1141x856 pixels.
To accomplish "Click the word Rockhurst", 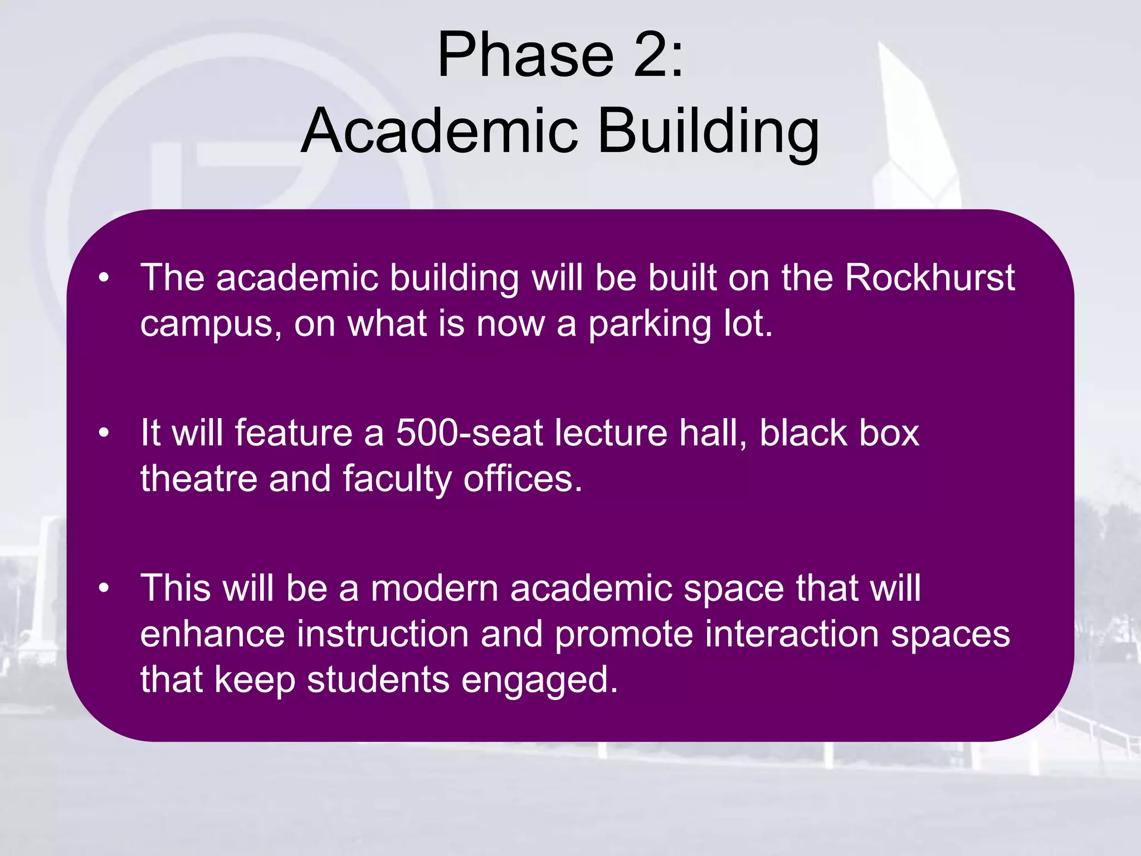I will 929,277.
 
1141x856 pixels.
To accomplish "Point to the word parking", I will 650,325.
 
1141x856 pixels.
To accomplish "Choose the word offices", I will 523,479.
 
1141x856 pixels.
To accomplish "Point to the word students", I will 378,680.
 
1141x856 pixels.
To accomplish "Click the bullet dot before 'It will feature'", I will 104,433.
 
